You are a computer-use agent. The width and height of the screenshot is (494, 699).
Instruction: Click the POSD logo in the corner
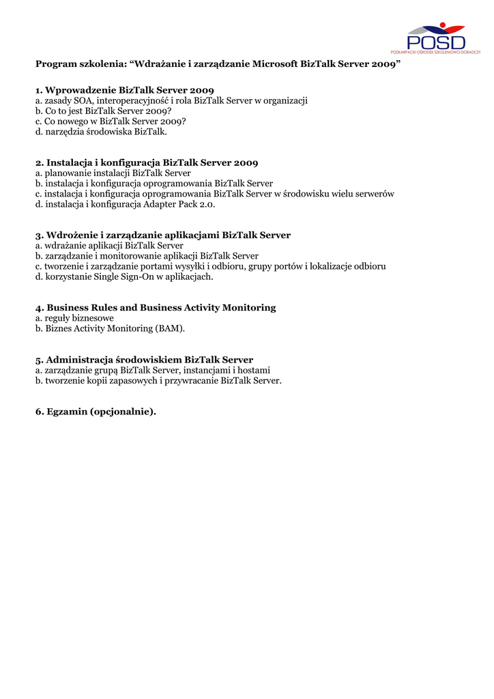tap(435, 38)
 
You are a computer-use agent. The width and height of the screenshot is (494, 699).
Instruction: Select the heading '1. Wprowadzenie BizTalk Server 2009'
tap(125, 90)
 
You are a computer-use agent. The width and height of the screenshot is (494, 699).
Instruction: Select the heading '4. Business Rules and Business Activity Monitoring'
tap(156, 308)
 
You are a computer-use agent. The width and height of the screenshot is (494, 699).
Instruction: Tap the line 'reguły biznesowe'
tap(79, 318)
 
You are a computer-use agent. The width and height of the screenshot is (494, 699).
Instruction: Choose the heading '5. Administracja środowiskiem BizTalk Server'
tap(144, 360)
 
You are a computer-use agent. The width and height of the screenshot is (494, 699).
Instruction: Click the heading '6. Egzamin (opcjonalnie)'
tap(96, 412)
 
